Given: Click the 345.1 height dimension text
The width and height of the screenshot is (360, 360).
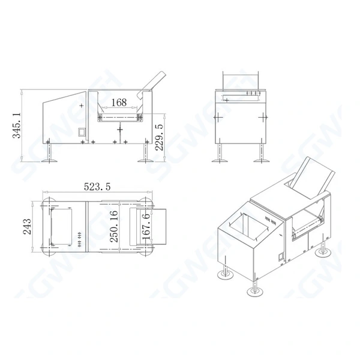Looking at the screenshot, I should (x=16, y=125).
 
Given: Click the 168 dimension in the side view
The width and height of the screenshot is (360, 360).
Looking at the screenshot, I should (x=119, y=103).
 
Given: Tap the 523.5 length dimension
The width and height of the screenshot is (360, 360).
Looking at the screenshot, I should (x=97, y=187).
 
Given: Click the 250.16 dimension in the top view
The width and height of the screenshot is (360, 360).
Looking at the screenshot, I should (x=112, y=226).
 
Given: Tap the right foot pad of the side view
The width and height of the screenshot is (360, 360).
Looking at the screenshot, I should (x=144, y=160).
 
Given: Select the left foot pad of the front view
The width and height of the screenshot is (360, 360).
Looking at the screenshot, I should (x=219, y=160).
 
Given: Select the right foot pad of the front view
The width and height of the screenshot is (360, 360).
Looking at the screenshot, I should (x=262, y=160).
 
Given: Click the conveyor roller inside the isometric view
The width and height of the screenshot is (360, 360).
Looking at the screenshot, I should (x=305, y=226).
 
